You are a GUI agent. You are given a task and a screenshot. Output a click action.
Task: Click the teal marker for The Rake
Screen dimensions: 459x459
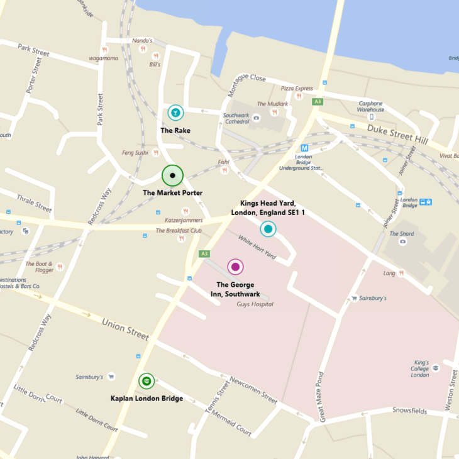pos(175,113)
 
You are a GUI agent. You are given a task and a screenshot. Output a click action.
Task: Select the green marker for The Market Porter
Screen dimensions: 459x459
pos(172,175)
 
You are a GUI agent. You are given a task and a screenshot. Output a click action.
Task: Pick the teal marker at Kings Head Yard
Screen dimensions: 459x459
pos(268,229)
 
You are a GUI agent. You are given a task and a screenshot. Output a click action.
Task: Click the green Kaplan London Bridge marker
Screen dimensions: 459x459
pos(147,380)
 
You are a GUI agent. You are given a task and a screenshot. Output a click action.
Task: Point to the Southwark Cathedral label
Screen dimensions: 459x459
pos(236,119)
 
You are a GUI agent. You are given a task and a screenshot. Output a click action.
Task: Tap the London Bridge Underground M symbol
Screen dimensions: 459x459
pos(304,148)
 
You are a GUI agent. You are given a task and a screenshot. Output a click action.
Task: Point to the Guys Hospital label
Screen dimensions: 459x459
pos(255,304)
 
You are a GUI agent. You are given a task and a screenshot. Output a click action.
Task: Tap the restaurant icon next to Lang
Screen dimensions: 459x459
pos(401,273)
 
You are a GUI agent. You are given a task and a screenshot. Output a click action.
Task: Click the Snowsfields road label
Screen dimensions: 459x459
pos(409,411)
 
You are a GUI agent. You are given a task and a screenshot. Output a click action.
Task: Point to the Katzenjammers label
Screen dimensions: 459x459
pos(184,220)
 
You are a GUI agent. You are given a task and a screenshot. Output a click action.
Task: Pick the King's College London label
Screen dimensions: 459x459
pos(420,369)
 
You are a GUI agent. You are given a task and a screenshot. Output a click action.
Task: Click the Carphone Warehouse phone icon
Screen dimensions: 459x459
pos(371,116)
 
